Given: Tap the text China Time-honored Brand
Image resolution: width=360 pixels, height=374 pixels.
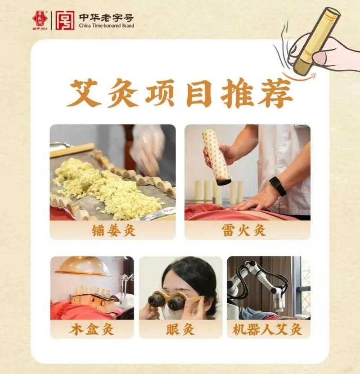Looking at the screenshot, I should (x=106, y=26).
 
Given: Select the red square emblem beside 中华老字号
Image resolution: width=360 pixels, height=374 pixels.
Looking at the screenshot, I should (x=66, y=20).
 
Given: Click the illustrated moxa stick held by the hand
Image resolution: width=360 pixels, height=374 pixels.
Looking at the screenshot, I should (x=315, y=41).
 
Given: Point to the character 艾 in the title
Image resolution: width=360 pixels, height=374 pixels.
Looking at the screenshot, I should (x=84, y=93).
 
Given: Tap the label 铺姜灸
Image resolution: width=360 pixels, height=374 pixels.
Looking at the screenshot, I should (x=112, y=231).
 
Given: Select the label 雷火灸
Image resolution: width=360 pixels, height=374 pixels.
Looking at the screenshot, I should (x=247, y=231).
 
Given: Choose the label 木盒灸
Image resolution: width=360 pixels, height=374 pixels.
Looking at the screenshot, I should (x=92, y=329).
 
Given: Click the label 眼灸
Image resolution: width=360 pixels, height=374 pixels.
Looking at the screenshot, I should (x=180, y=329).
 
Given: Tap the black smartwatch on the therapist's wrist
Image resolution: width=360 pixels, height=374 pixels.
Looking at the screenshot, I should (x=278, y=185).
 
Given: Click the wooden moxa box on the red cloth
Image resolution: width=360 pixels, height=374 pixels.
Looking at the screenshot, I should (x=92, y=301).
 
